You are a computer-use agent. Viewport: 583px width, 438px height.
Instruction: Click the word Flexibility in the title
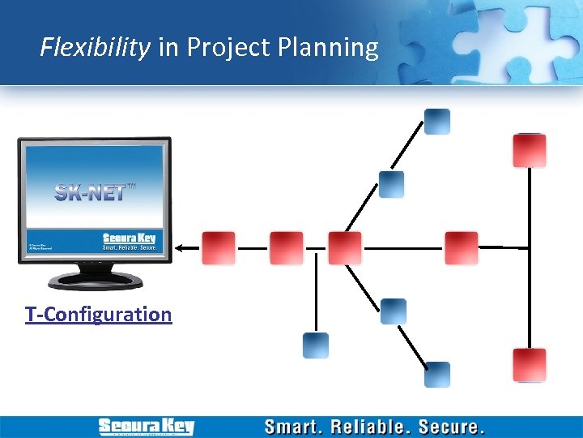pos(96,48)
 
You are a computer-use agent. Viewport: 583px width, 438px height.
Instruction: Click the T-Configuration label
pos(98,314)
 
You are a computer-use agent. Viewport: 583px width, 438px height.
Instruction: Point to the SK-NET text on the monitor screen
pos(90,192)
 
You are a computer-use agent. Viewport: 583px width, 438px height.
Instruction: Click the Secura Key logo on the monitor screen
pos(128,240)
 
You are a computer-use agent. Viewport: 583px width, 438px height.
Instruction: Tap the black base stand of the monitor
pos(95,281)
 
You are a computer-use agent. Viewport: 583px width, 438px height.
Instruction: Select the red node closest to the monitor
pos(218,248)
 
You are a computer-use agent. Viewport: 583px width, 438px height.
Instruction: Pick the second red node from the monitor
pos(286,248)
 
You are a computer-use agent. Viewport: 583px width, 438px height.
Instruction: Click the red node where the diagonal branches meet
pos(344,248)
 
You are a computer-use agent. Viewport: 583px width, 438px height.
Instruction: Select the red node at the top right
pos(529,151)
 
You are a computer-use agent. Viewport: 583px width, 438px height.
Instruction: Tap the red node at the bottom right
pos(529,365)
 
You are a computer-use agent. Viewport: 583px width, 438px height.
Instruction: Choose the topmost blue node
pos(437,122)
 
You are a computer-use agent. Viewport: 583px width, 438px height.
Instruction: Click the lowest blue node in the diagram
pos(437,375)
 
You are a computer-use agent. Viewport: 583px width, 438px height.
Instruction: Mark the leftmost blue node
pos(316,346)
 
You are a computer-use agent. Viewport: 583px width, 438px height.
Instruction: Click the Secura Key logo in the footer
pos(146,427)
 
